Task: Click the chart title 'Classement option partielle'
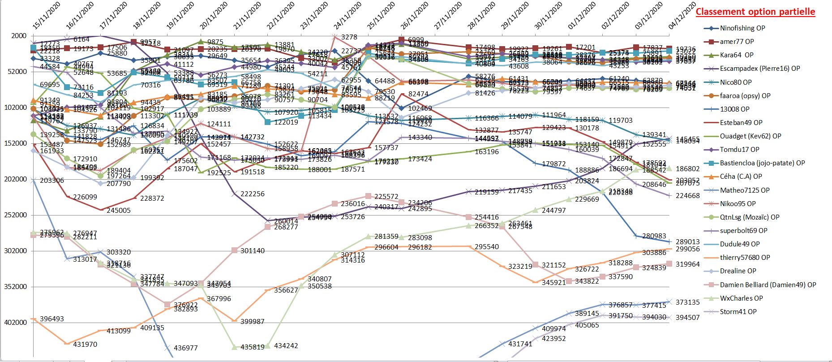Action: click(x=755, y=12)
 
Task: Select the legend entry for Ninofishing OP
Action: click(x=742, y=28)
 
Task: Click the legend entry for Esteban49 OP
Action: click(x=741, y=122)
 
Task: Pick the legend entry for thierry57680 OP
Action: click(x=745, y=257)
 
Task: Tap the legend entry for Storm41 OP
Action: click(x=738, y=311)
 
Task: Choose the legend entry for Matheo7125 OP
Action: click(x=745, y=190)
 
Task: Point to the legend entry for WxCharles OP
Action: click(x=741, y=298)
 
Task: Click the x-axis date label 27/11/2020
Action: click(x=448, y=16)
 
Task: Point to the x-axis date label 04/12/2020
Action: click(x=683, y=16)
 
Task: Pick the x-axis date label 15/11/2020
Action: click(x=47, y=16)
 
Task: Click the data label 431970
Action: click(x=85, y=345)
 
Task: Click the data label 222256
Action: click(x=253, y=194)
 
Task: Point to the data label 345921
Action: click(x=553, y=283)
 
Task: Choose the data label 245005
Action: click(x=119, y=211)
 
